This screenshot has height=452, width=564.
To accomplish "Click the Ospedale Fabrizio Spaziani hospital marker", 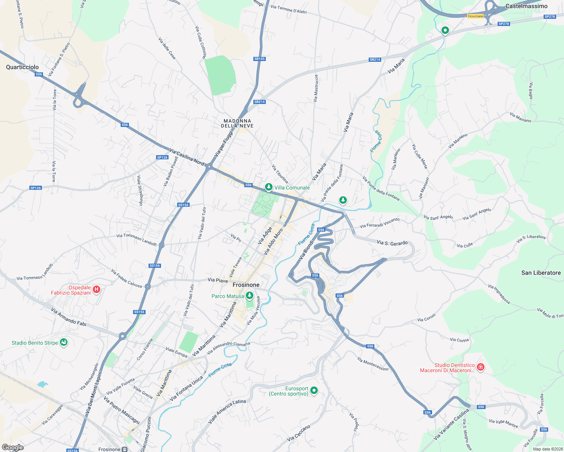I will [x=97, y=289].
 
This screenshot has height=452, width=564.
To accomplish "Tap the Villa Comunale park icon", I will [x=268, y=187].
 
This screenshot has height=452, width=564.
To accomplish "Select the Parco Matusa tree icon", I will [x=249, y=296].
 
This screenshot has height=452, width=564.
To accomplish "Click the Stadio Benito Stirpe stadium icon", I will [x=64, y=342].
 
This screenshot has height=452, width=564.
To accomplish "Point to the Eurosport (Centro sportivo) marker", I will [x=314, y=391].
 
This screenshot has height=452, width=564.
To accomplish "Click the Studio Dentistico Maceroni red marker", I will [x=480, y=367].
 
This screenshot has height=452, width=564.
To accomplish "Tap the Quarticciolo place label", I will [x=22, y=67].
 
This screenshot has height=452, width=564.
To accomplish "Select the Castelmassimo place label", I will [x=526, y=6].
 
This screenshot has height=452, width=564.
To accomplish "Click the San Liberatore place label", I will [x=541, y=273].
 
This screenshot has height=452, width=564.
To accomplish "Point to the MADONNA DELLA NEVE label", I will [x=237, y=123].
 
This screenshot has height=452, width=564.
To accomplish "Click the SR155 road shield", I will [x=259, y=59].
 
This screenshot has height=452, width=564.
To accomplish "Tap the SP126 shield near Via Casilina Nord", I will [x=162, y=157].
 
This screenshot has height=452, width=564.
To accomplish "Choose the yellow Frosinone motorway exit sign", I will [x=475, y=16].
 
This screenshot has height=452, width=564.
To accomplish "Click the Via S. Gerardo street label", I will [x=392, y=243].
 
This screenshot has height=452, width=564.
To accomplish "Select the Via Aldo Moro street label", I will [x=273, y=241].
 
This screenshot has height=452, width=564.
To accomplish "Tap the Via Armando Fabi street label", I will [x=69, y=316].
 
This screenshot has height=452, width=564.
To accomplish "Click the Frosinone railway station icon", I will [x=125, y=449].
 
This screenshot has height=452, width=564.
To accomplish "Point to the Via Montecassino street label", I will [x=372, y=364].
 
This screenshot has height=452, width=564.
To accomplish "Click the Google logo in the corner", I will [x=12, y=447].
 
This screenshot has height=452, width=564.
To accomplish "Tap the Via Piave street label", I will [x=218, y=280].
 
